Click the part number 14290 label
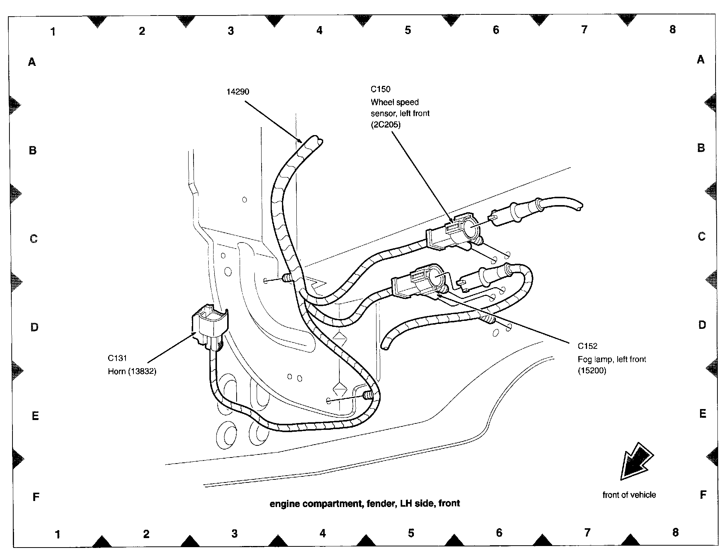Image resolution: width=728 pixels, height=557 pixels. tap(238, 92)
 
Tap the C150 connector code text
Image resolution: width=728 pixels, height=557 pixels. tap(380, 89)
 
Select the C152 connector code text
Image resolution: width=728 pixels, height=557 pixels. tap(587, 346)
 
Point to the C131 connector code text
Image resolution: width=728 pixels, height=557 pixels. tap(118, 358)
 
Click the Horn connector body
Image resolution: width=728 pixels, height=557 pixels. tap(209, 324)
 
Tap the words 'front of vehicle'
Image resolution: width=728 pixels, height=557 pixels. tap(629, 495)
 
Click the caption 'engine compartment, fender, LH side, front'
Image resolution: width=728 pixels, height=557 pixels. tap(364, 504)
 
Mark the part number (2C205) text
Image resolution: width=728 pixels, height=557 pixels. tap(385, 124)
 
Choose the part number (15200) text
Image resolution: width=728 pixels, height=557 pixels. tap(592, 371)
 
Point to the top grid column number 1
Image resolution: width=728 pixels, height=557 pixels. tap(53, 32)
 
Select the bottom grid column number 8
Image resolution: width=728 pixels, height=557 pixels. tap(675, 532)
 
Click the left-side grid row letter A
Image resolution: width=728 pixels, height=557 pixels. tap(32, 62)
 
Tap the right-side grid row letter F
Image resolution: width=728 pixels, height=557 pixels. tap(703, 495)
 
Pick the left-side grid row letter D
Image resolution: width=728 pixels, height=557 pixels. tap(34, 327)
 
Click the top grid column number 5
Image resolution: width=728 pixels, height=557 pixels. tap(407, 30)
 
